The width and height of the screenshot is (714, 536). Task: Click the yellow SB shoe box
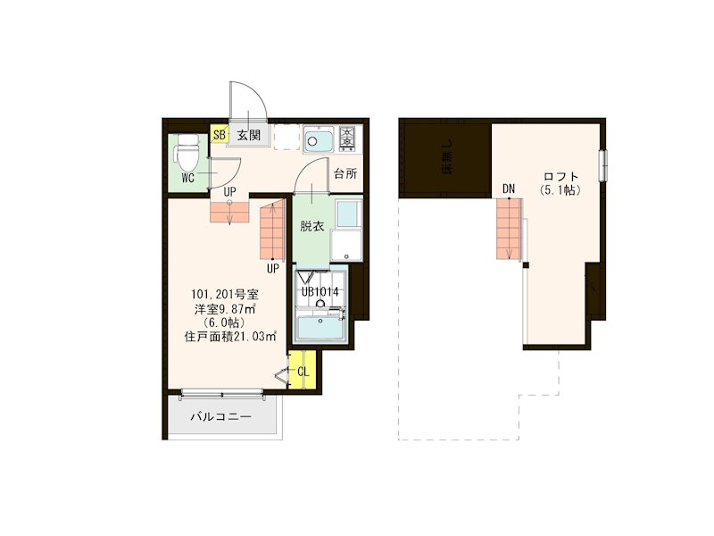219,135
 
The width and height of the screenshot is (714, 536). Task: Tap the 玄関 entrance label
249,136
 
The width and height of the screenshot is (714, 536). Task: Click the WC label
188,178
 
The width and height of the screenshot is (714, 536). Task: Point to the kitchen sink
317,140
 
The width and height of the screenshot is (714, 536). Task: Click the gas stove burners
345,138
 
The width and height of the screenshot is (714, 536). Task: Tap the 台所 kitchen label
345,173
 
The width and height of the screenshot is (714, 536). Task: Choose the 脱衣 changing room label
311,226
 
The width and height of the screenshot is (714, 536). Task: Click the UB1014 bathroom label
319,290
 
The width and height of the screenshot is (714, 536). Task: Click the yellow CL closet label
303,371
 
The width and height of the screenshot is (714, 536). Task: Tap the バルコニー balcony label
220,417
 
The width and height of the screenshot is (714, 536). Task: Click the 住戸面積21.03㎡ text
230,337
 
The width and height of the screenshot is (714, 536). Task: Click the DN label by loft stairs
509,188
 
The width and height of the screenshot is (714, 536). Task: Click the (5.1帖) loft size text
561,191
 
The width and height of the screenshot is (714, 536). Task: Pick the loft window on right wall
604,165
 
